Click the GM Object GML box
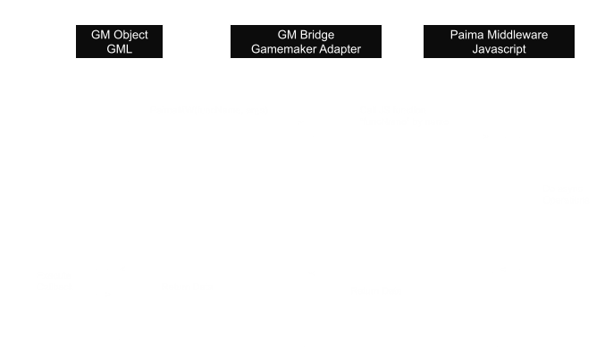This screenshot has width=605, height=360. coord(120,42)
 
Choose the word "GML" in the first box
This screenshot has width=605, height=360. coord(120,50)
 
